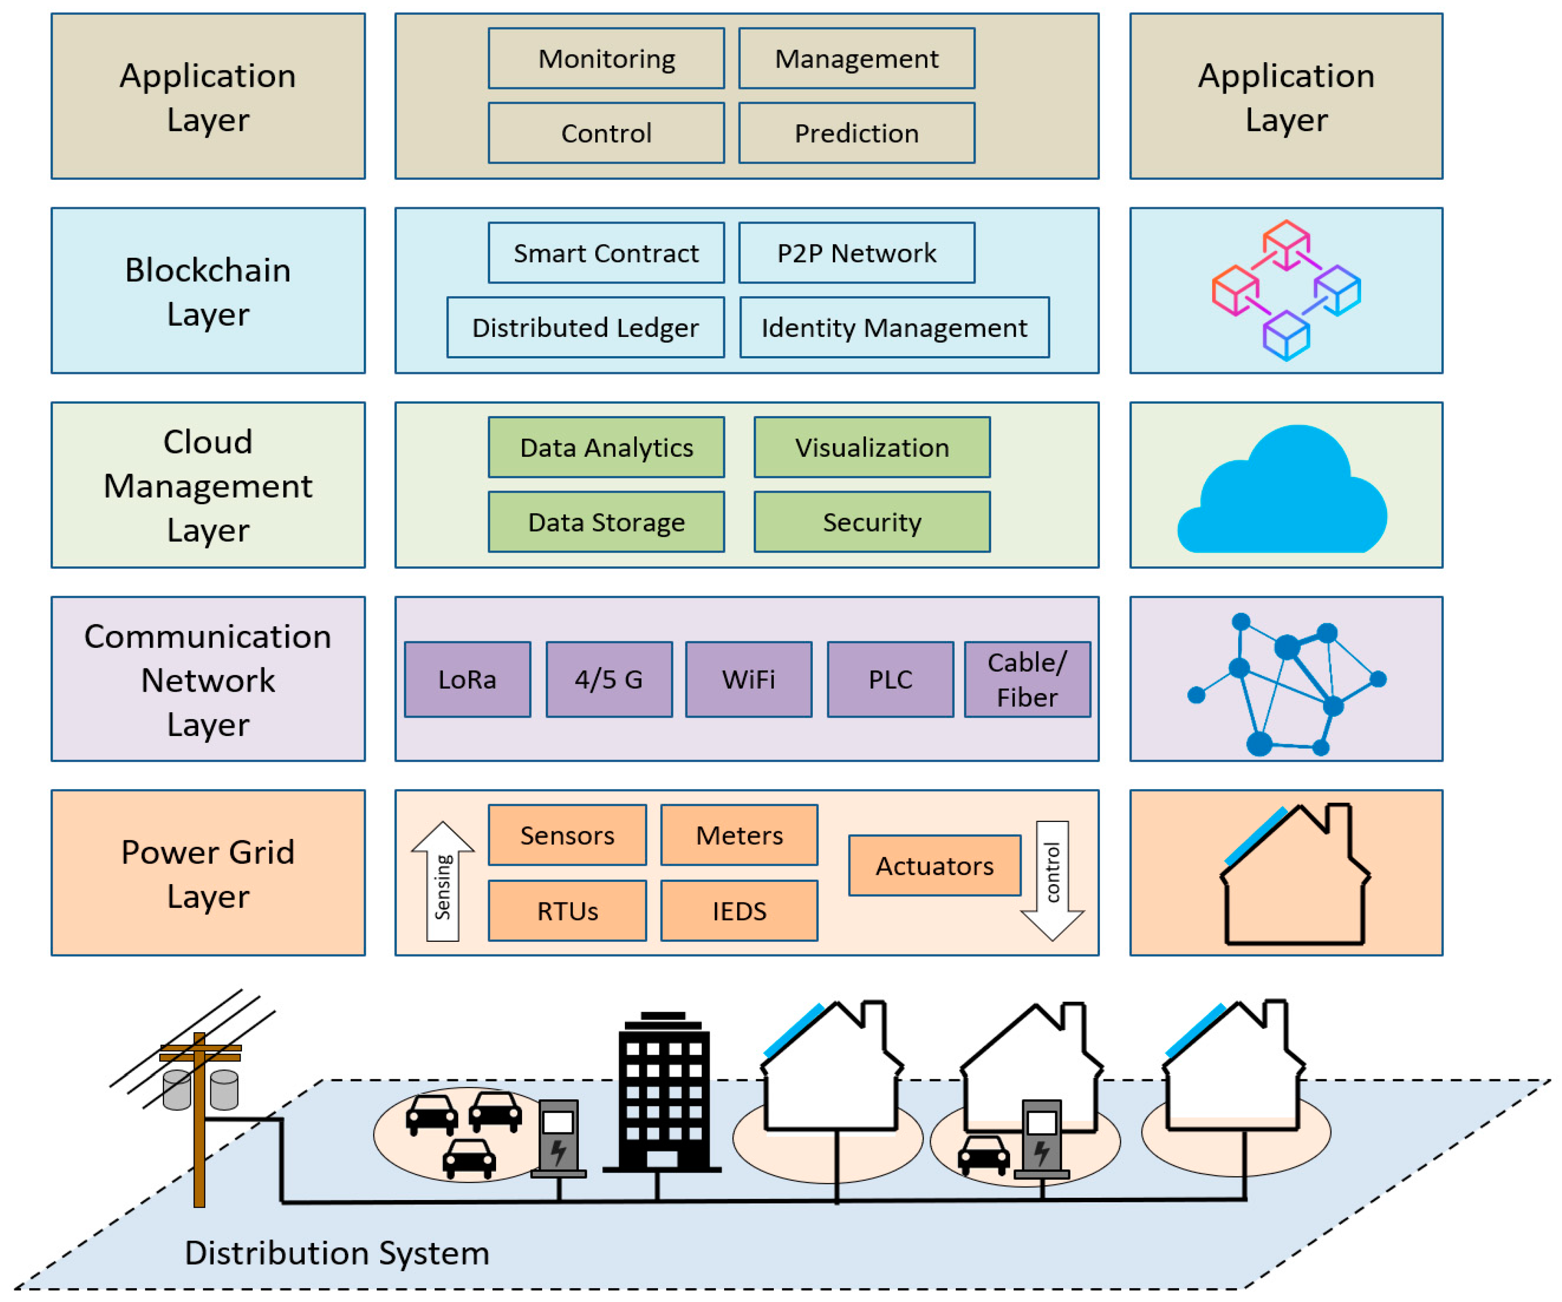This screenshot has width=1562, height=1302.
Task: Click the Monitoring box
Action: click(606, 59)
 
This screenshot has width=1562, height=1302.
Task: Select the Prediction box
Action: click(856, 133)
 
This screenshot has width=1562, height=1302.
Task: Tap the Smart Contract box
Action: click(606, 253)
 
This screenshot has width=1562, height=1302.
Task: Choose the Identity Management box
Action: click(894, 328)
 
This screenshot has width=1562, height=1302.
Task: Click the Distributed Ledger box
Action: click(586, 328)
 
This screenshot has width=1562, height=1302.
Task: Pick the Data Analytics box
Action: click(606, 447)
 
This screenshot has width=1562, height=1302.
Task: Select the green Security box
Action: click(872, 522)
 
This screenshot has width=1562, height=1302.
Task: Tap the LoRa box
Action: click(467, 679)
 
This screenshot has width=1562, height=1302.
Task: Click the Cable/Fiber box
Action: click(1027, 679)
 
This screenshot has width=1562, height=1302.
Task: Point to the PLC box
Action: click(890, 679)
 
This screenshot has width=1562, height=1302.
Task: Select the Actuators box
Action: click(934, 865)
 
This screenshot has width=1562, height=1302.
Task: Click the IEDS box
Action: click(739, 911)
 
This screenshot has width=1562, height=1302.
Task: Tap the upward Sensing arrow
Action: click(442, 881)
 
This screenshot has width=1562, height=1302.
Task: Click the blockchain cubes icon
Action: click(1286, 290)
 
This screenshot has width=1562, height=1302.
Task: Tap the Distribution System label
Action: click(337, 1253)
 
